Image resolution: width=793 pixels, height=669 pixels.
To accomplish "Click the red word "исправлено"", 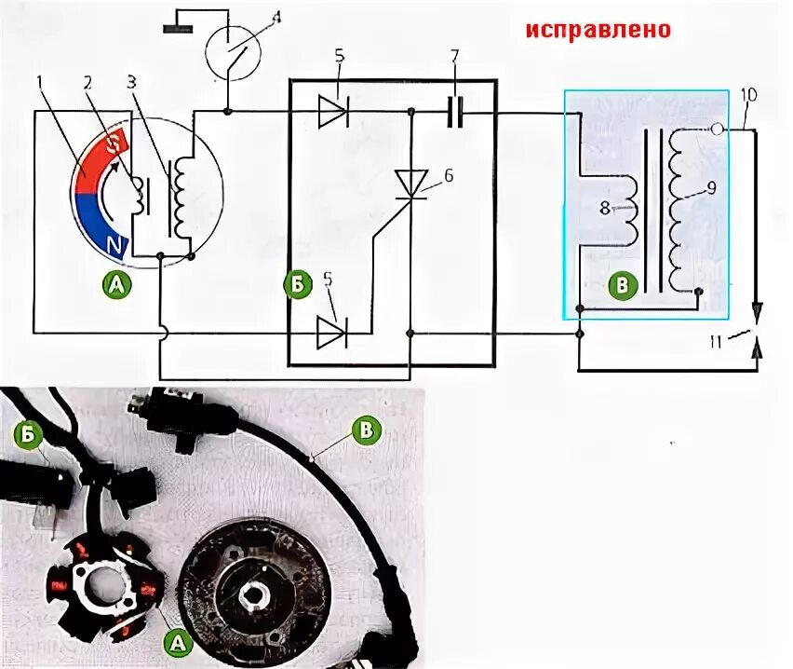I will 598,30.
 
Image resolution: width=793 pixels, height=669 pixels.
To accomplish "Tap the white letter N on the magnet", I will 115,246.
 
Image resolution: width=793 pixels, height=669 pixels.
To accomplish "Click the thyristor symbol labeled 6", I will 410,183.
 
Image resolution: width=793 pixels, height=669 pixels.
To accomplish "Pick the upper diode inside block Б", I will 332,114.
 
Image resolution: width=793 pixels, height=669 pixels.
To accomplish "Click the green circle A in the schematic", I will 117,285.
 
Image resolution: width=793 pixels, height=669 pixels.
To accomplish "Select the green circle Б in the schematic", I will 297,285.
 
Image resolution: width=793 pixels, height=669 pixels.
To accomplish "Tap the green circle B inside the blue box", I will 618,285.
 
